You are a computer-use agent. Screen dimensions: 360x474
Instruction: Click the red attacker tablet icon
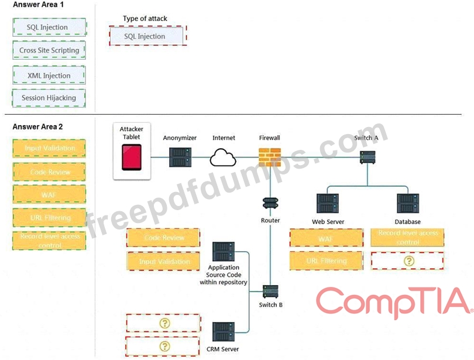pyautogui.click(x=131, y=157)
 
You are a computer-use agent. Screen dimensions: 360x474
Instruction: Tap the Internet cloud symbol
pyautogui.click(x=224, y=157)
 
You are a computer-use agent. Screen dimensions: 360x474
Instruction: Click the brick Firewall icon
pyautogui.click(x=270, y=157)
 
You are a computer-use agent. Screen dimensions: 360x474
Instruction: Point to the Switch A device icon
pyautogui.click(x=367, y=156)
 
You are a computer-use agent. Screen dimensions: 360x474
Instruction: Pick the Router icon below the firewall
pyautogui.click(x=270, y=203)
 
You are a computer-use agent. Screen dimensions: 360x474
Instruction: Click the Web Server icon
pyautogui.click(x=328, y=204)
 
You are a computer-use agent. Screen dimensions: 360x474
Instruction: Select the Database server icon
pyautogui.click(x=407, y=204)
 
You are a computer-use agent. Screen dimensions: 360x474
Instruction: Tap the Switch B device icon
pyautogui.click(x=270, y=291)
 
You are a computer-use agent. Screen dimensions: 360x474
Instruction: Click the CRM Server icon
pyautogui.click(x=224, y=332)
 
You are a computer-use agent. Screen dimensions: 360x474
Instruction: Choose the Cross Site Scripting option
pyautogui.click(x=49, y=50)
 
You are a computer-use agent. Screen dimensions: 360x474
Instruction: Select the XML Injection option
pyautogui.click(x=49, y=75)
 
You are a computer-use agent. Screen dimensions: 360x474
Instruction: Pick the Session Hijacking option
pyautogui.click(x=49, y=98)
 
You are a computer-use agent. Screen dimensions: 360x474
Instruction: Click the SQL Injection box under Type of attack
pyautogui.click(x=147, y=36)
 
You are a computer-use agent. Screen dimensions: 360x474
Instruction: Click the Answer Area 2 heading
pyautogui.click(x=37, y=126)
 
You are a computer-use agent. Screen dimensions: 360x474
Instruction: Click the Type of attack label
pyautogui.click(x=145, y=19)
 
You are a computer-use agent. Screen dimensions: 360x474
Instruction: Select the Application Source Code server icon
pyautogui.click(x=224, y=252)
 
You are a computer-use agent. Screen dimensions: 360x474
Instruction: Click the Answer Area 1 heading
pyautogui.click(x=37, y=5)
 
